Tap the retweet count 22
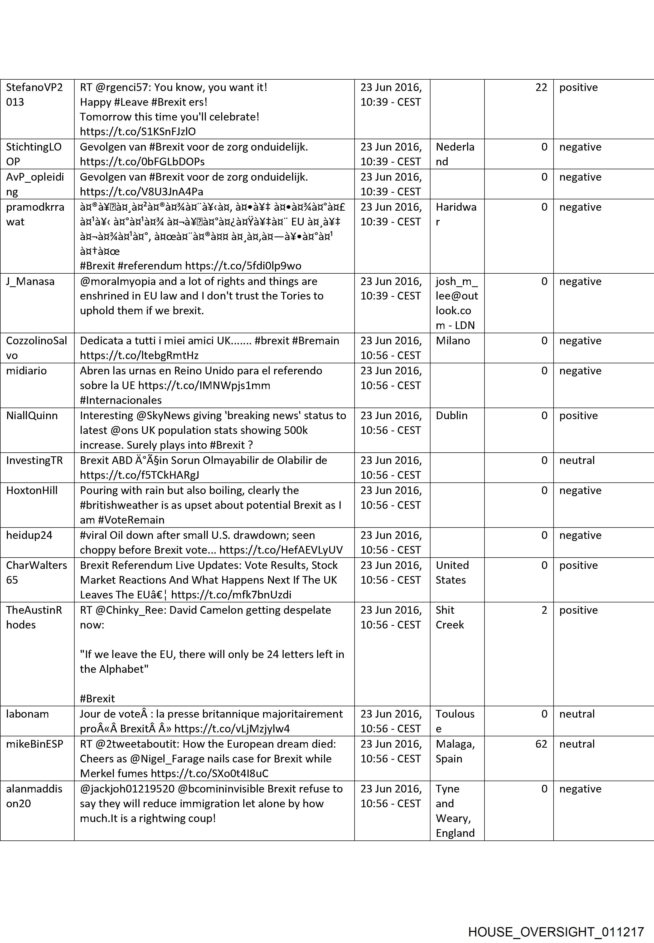541,87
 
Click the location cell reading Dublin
451,415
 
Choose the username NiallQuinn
32,415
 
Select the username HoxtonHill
32,491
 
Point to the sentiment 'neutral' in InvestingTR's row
577,460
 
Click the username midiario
26,371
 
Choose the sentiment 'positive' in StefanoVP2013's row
578,87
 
